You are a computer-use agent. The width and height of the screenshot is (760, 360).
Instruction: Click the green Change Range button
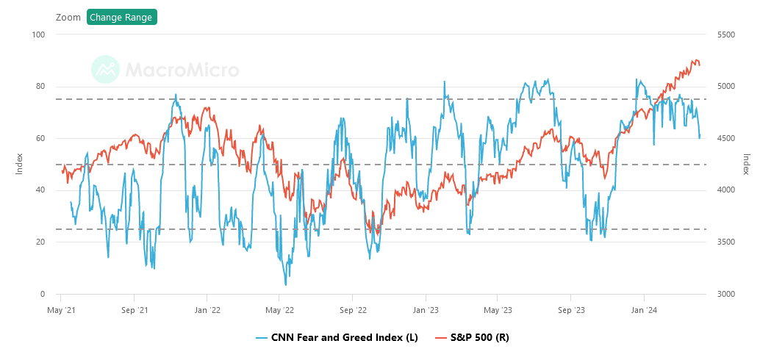click(121, 17)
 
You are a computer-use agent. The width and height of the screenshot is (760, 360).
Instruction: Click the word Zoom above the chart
click(68, 17)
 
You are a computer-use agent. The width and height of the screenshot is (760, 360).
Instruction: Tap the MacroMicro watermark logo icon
click(105, 70)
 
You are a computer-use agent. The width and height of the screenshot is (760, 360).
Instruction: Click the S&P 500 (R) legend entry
click(471, 337)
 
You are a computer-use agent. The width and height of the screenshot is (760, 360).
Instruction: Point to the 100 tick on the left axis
click(39, 35)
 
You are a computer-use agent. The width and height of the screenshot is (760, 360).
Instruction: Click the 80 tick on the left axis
click(41, 87)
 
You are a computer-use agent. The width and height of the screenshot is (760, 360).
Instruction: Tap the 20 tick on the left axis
click(41, 242)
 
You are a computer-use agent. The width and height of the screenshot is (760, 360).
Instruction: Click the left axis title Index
click(20, 163)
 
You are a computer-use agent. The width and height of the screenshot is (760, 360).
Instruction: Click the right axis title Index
click(745, 163)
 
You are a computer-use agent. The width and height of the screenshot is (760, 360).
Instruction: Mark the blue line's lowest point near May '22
click(285, 284)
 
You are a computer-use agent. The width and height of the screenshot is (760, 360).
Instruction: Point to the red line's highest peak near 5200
click(695, 60)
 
